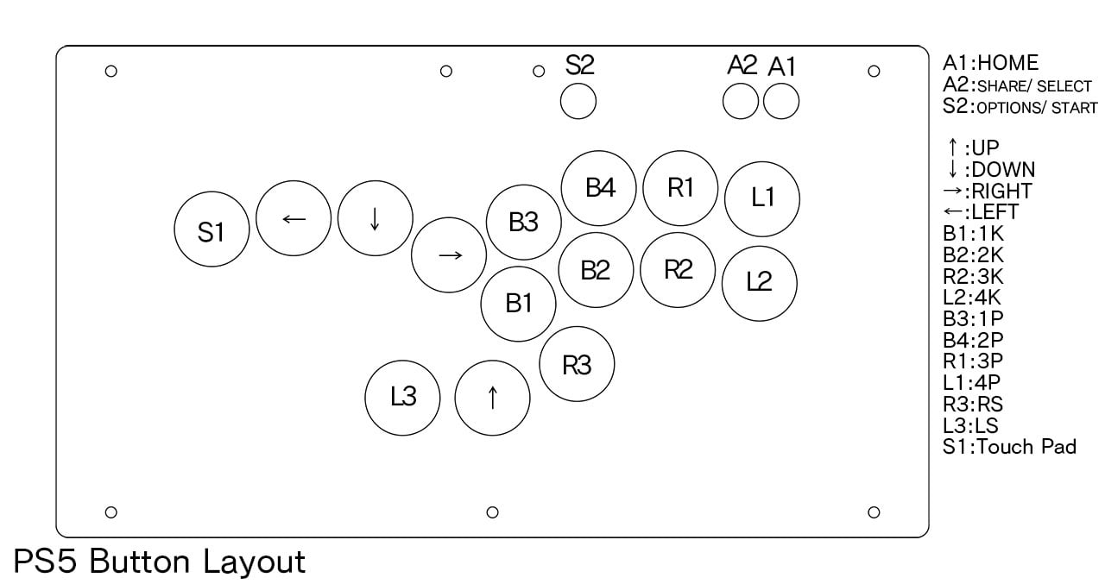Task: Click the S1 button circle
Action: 212,229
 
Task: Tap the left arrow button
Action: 294,218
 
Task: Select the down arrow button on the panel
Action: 376,218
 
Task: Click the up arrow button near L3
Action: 492,398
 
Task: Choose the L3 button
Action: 402,398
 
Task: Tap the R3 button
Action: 577,364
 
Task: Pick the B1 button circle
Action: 519,304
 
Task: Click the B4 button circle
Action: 598,188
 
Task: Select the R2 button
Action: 678,270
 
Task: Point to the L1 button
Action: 762,198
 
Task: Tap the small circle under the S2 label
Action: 578,101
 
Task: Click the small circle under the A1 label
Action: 781,101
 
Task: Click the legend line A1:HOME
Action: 990,63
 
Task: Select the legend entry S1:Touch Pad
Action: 1009,447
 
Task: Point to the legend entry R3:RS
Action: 973,404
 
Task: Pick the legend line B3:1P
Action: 973,319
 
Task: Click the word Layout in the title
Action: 255,562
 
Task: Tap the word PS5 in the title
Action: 45,561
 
